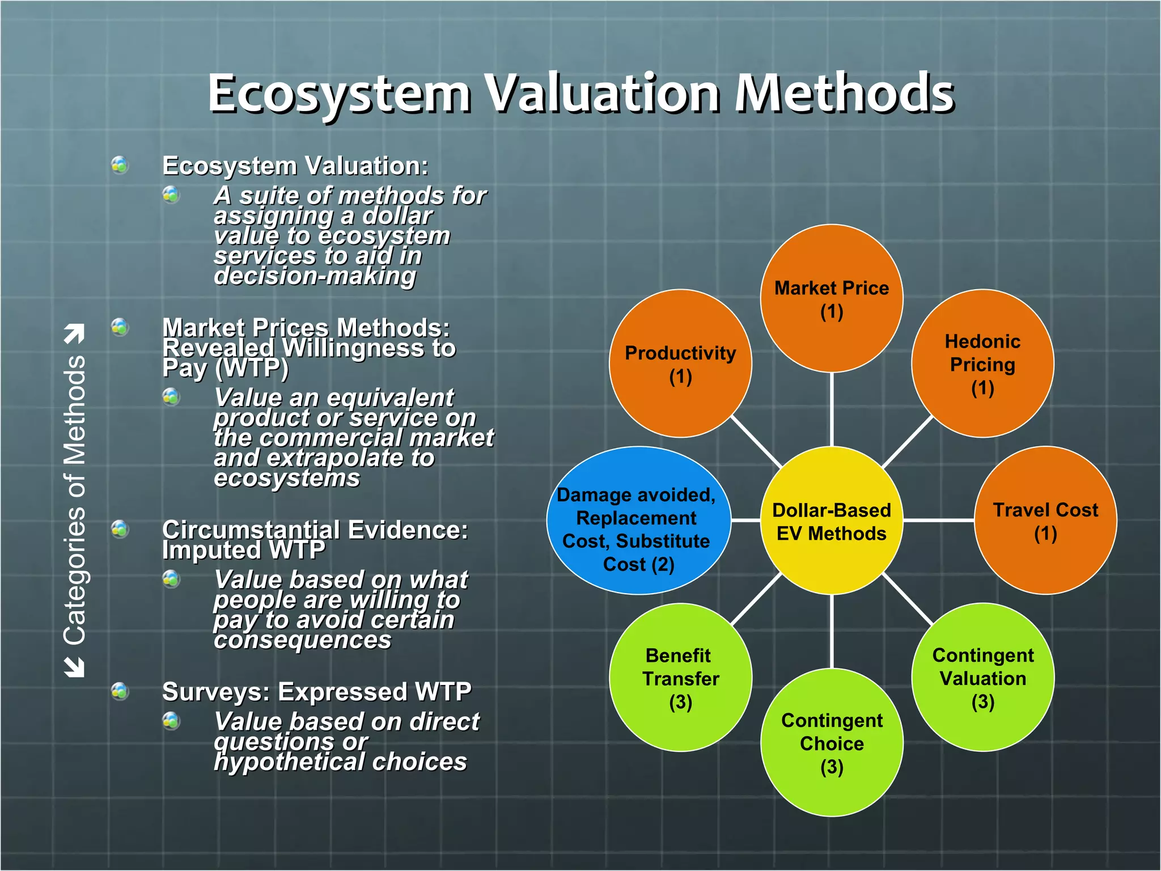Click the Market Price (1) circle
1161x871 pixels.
tap(831, 299)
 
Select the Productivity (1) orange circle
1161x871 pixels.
tap(680, 363)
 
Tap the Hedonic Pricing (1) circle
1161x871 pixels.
tap(982, 363)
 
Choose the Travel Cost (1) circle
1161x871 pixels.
tap(1045, 521)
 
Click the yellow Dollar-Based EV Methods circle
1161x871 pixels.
tap(831, 521)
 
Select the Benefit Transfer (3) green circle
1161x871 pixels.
tap(680, 678)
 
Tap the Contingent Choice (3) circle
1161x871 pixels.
tap(831, 743)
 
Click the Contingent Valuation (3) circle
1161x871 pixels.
tap(982, 678)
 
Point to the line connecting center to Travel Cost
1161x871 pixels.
tap(938, 520)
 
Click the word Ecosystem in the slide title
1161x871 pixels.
tap(339, 94)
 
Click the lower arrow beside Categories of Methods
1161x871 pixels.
tap(74, 667)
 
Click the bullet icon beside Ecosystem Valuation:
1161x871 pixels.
tap(120, 165)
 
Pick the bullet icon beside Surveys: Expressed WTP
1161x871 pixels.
tap(120, 691)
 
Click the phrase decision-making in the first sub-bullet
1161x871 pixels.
tap(315, 276)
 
